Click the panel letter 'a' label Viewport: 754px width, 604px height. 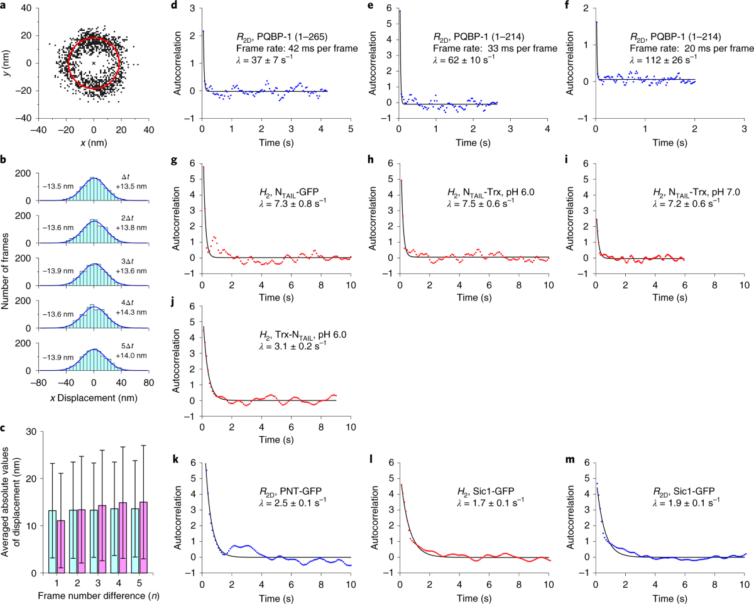pos(4,6)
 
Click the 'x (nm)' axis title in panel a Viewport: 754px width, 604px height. pos(94,143)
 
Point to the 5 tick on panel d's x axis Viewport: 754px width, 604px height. pos(351,128)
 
